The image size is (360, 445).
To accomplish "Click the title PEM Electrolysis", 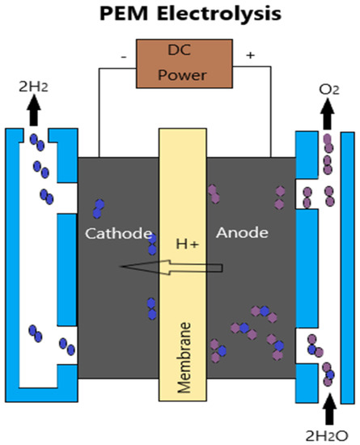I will click(x=180, y=15).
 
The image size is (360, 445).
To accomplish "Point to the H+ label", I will click(x=188, y=244).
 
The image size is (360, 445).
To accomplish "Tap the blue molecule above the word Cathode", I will click(x=100, y=208).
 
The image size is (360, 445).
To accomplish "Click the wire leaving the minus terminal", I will click(x=100, y=113).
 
